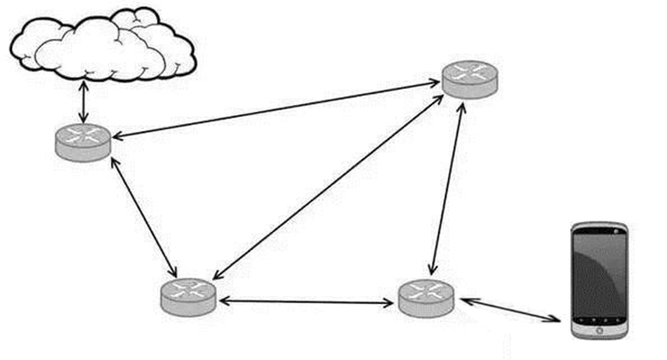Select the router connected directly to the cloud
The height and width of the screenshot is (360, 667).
click(x=83, y=141)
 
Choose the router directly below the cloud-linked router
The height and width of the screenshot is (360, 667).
click(x=188, y=295)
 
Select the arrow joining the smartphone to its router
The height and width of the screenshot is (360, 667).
click(x=509, y=307)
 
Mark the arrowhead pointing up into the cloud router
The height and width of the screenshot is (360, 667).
click(x=113, y=159)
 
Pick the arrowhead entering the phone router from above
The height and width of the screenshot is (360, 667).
click(x=431, y=270)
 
